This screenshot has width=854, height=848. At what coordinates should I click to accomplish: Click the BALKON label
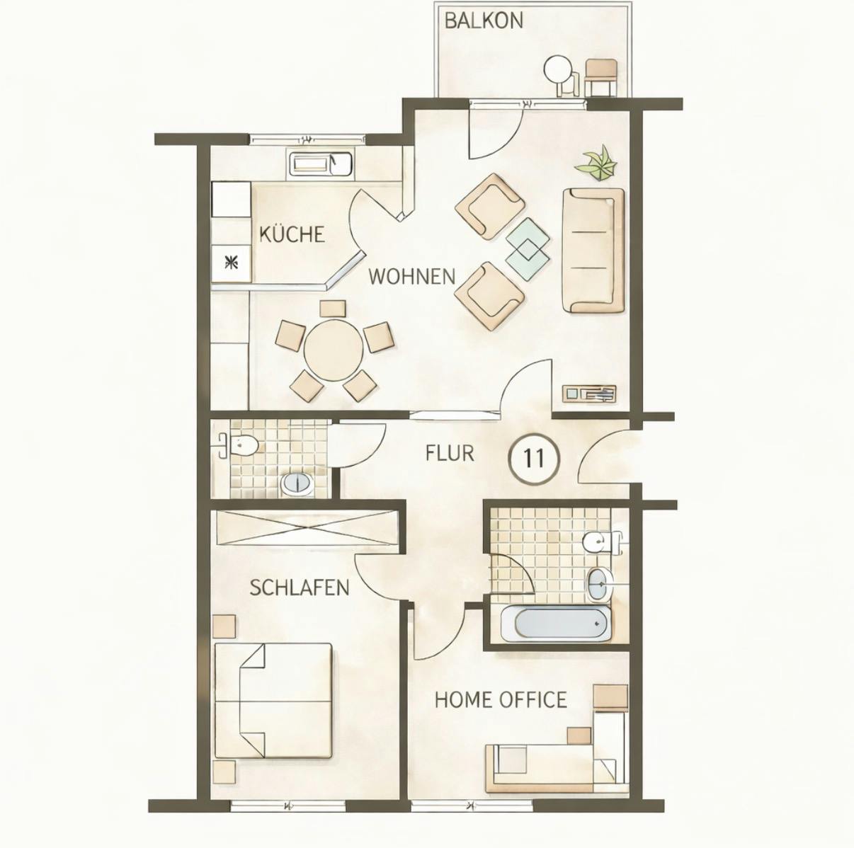(484, 21)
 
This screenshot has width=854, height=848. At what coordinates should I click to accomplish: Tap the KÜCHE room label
(291, 234)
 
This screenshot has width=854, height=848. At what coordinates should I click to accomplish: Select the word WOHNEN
(411, 276)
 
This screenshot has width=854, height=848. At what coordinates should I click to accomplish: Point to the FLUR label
(450, 453)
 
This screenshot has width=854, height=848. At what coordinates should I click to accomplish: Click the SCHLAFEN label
(300, 588)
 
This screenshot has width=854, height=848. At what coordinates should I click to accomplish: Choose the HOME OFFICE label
(501, 700)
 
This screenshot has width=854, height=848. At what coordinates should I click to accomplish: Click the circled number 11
(534, 459)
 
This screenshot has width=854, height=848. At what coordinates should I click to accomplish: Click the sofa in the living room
(593, 250)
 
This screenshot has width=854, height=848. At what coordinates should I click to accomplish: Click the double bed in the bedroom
(273, 699)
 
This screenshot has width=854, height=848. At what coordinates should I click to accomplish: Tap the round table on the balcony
(557, 69)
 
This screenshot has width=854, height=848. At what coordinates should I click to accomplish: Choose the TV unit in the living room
(589, 394)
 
